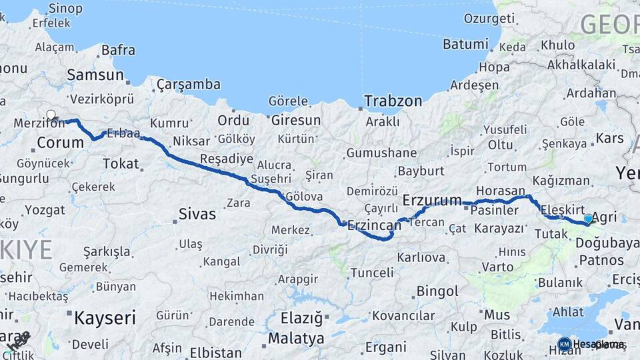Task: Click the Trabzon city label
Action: point(393,101)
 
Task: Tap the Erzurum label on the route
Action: point(433,199)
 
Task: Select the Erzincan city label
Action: point(373,227)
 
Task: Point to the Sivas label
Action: point(197,214)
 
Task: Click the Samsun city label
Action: point(95,75)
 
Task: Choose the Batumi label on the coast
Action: point(465,45)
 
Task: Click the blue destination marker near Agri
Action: point(588,219)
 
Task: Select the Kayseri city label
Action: point(105,317)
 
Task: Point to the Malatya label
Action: point(296,338)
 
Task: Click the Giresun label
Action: point(295,121)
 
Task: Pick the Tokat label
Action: point(121,163)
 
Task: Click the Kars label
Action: point(610,139)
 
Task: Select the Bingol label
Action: point(437,291)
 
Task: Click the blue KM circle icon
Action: point(564,344)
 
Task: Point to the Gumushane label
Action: point(381,153)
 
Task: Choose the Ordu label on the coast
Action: point(233,121)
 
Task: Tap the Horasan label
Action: point(501,190)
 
